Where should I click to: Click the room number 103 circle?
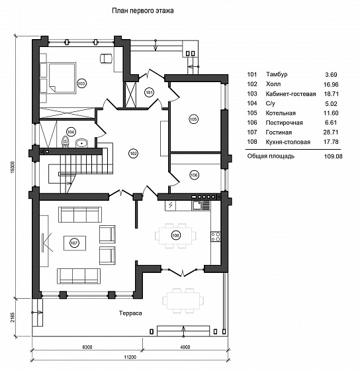coord(81,83)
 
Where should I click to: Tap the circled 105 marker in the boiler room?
coord(193,119)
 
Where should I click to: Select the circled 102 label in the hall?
coord(133,154)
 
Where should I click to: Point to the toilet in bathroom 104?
coord(65,141)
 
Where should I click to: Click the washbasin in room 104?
coord(81,143)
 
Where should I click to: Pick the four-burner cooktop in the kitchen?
coord(216,237)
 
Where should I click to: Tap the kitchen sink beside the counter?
coord(201,205)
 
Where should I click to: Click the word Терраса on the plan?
coord(130,313)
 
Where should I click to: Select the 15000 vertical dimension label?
coord(13,167)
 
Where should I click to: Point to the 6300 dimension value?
coord(87,347)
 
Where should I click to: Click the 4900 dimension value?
coord(185,347)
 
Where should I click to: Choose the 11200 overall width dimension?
coord(130,357)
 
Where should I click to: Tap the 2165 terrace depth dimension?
coord(13,317)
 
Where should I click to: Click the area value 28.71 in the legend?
coord(331,132)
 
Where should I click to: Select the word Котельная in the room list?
coord(281,113)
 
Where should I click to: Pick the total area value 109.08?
coord(334,156)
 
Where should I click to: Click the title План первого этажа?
coord(143,11)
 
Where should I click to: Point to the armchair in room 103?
coord(105,58)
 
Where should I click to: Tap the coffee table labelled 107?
coord(75,242)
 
